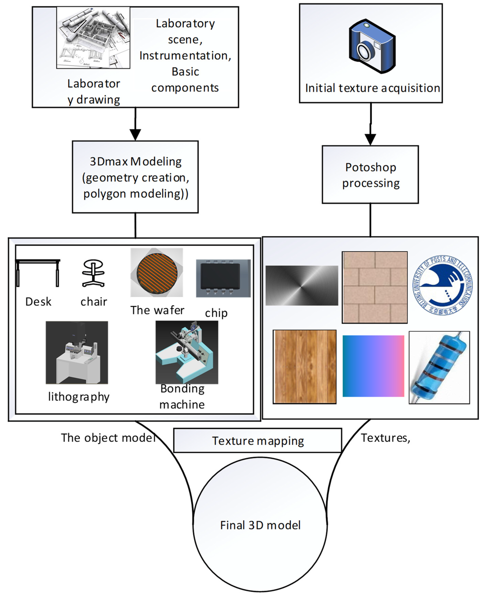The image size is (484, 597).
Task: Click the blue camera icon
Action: [x=372, y=46]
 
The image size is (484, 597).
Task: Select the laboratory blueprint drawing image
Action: [x=93, y=38]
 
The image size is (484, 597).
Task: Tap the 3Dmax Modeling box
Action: [x=135, y=177]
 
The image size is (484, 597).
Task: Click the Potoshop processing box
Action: [x=370, y=175]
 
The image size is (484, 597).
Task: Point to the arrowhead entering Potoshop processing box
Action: [x=370, y=139]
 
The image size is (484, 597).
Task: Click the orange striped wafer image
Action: [x=157, y=272]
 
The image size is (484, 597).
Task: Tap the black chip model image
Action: [x=223, y=278]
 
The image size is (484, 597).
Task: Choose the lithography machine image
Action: [x=77, y=352]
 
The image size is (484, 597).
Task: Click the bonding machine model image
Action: [x=187, y=352]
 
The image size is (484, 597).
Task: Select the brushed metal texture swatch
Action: [x=302, y=286]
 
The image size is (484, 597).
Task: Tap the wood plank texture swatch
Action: [x=304, y=367]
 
